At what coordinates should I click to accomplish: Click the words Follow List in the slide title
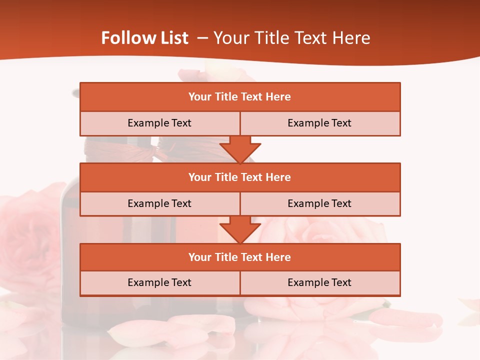tap(144, 38)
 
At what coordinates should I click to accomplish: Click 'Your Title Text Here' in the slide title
tap(292, 38)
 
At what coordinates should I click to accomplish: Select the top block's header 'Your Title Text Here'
tap(239, 97)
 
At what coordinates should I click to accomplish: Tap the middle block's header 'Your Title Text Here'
tap(239, 177)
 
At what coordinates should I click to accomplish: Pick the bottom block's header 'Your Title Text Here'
tap(239, 257)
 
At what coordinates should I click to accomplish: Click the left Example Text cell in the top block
tap(159, 123)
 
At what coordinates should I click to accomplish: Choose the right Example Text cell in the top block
tap(319, 123)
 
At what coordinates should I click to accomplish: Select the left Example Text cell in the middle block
tap(159, 203)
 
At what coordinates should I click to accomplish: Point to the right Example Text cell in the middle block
tap(319, 203)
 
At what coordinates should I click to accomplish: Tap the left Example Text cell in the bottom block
tap(159, 282)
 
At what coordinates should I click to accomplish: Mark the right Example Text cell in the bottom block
tap(319, 282)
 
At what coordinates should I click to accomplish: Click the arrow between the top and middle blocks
tap(240, 149)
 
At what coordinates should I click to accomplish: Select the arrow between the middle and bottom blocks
tap(240, 229)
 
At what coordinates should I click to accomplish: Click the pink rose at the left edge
tap(25, 235)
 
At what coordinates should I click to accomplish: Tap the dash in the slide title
tap(202, 38)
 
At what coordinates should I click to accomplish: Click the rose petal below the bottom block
tap(200, 325)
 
